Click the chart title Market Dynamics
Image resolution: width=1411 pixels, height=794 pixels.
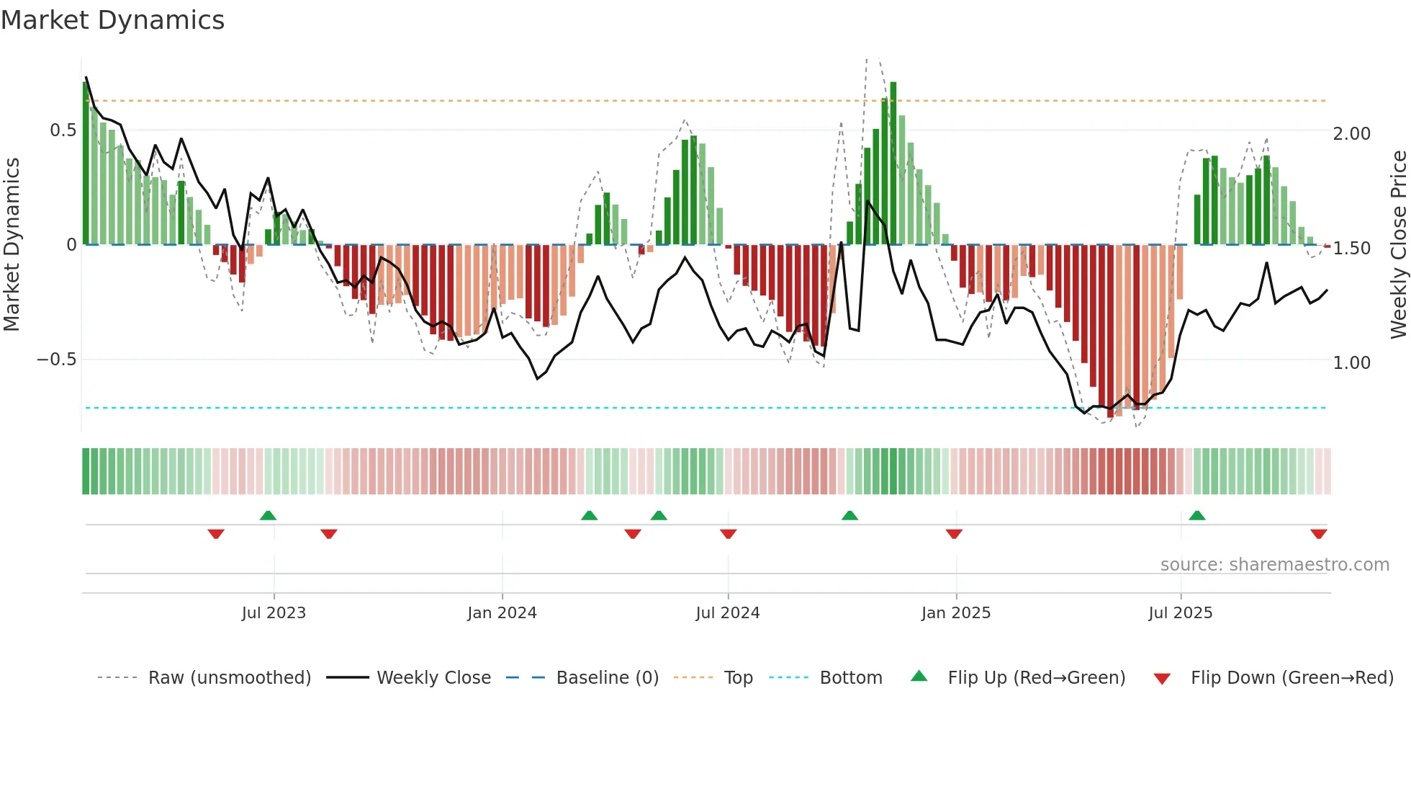point(112,20)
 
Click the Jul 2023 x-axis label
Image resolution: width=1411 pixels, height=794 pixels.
point(274,613)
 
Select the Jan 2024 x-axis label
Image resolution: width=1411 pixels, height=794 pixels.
point(502,613)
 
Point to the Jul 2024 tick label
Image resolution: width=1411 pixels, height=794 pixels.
point(728,613)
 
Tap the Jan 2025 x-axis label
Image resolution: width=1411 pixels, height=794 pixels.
point(956,613)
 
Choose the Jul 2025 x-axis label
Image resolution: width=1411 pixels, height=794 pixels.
point(1181,613)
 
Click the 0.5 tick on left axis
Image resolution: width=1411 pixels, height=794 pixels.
point(63,130)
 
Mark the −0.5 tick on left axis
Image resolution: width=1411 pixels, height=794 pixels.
point(56,360)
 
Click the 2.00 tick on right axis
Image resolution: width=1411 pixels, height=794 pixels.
point(1351,134)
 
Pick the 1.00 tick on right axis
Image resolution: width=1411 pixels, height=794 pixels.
point(1351,363)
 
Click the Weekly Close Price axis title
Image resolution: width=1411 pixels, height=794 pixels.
point(1398,245)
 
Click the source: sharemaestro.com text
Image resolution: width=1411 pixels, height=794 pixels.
point(1274,565)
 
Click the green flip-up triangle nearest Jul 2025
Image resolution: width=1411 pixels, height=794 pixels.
point(1197,516)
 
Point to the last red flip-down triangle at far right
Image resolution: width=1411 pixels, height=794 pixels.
point(1319,534)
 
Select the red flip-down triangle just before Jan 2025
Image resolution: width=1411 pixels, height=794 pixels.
point(954,534)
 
